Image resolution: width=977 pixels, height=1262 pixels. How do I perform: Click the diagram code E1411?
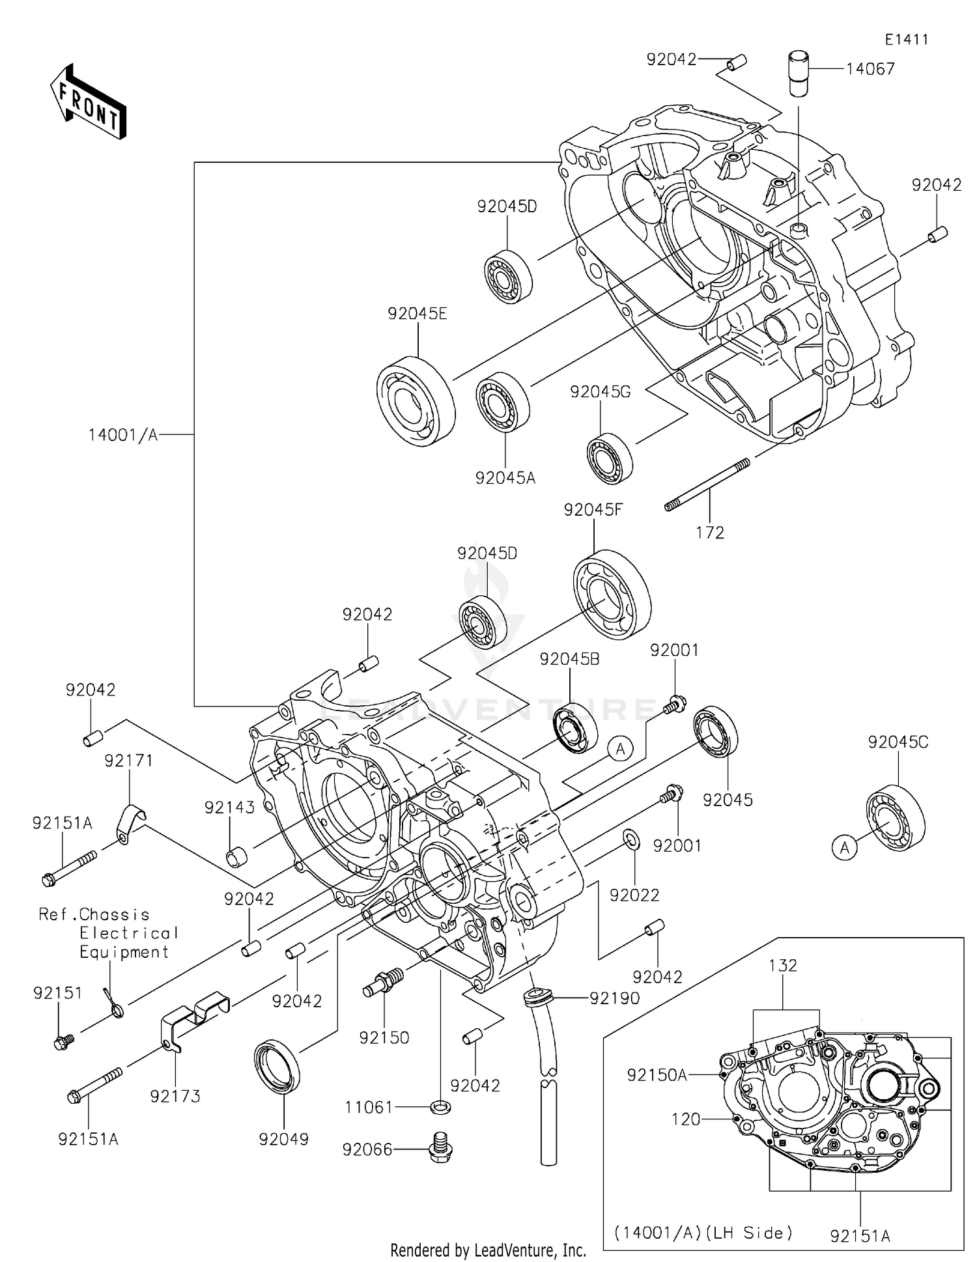[906, 40]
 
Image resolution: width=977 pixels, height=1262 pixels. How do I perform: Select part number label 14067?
[870, 69]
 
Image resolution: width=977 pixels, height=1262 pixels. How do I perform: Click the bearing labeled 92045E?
[416, 400]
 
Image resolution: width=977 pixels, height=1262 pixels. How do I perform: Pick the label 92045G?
[600, 392]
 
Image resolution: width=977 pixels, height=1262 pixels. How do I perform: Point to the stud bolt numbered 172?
[707, 484]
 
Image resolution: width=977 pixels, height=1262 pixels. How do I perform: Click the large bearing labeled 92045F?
[612, 593]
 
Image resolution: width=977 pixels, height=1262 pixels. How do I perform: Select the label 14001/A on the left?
[123, 435]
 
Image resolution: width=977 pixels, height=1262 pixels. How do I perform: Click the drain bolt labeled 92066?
[441, 1150]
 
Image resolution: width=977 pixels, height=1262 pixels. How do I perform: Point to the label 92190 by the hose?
[614, 998]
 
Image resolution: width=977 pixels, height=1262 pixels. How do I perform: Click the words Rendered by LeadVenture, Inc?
[488, 1250]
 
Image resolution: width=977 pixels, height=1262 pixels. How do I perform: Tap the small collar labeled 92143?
[234, 858]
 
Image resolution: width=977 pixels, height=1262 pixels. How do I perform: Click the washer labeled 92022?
[630, 839]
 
